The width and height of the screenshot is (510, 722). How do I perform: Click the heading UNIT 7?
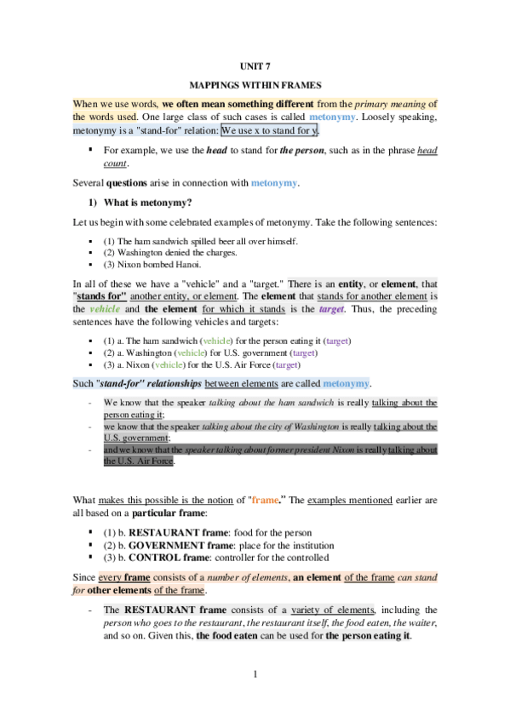[255, 66]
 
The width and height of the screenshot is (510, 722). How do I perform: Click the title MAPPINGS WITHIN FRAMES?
[255, 87]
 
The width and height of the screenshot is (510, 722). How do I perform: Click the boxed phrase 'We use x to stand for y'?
[270, 131]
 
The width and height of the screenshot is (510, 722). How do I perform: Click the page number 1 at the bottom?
[255, 675]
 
